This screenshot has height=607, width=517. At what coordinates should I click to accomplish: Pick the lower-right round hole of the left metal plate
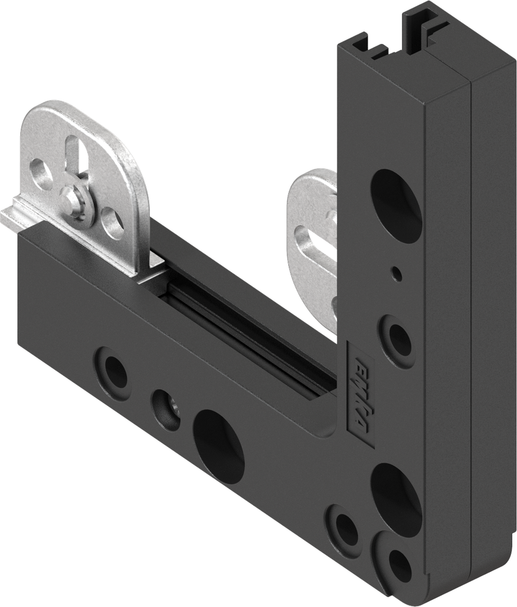110,223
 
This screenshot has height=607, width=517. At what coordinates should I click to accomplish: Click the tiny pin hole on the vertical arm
397,273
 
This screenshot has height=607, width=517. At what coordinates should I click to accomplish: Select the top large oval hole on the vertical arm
396,204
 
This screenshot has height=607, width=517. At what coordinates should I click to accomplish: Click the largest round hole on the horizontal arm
219,445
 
